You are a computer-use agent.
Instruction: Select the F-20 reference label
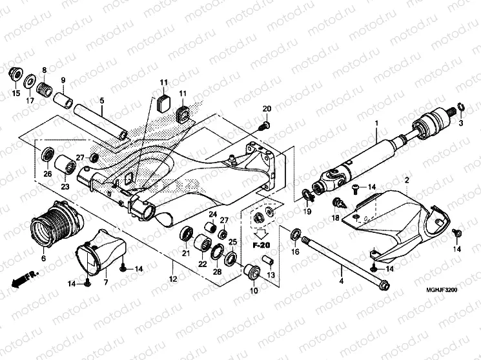click(x=261, y=246)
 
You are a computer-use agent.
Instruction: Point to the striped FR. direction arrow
click(x=22, y=279)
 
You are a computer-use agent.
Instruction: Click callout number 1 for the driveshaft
click(x=375, y=123)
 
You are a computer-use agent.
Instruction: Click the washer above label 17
click(x=30, y=82)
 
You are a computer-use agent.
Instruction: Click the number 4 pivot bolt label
click(x=341, y=281)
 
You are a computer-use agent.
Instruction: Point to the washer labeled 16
click(x=295, y=233)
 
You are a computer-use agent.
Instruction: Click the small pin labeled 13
click(x=271, y=262)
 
